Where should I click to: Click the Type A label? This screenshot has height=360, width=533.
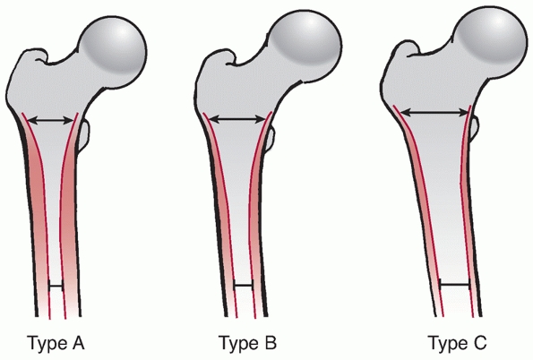56,343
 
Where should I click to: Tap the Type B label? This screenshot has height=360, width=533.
247,343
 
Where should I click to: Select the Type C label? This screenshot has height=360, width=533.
457,343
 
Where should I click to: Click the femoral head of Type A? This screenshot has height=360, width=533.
113,52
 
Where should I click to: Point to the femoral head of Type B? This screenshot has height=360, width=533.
306,47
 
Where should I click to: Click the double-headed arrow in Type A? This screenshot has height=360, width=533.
50,120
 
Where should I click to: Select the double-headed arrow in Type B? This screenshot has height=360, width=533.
237,119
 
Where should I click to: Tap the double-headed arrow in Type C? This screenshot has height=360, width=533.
434,112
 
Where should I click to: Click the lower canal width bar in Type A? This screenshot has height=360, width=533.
56,287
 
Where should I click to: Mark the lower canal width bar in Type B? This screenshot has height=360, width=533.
244,286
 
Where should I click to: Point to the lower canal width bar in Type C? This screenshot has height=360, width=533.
454,284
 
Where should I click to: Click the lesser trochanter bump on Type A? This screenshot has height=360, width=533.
84,135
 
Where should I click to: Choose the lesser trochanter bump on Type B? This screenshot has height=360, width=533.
270,139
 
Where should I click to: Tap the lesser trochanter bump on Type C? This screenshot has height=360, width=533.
474,129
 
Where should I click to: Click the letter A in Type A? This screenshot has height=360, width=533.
77,342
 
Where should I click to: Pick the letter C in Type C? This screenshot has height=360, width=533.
479,342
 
